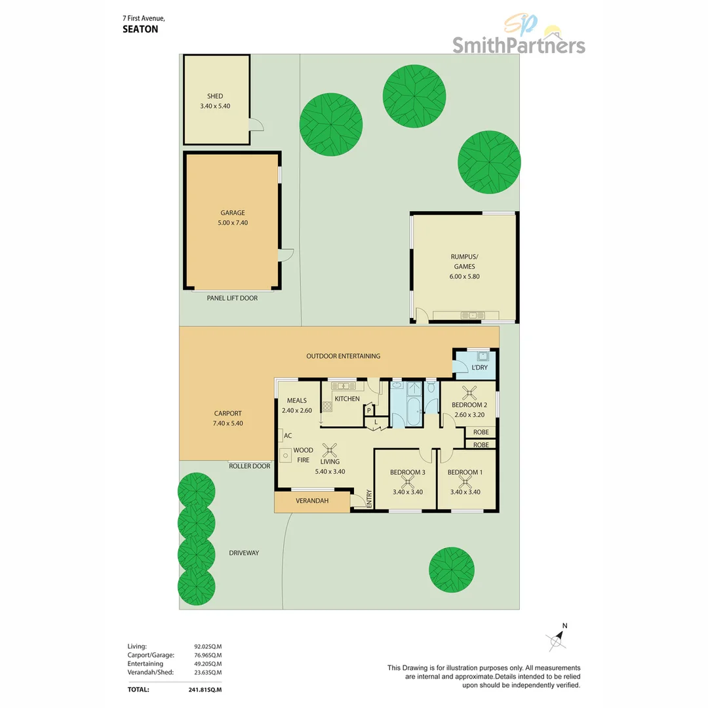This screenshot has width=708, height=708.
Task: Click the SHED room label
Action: [x=215, y=96]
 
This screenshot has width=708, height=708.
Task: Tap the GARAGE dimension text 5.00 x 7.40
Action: [x=233, y=223]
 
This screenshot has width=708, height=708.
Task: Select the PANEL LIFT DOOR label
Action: [x=232, y=298]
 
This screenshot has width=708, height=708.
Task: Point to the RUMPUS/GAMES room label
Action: [x=464, y=262]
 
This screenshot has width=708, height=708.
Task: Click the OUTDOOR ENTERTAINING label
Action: [x=344, y=356]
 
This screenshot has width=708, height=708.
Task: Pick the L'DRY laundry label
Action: [x=480, y=368]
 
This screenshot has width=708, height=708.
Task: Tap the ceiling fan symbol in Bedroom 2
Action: [x=469, y=393]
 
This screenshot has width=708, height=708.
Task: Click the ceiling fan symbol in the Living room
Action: [x=331, y=449]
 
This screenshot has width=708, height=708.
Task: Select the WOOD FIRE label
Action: [x=303, y=455]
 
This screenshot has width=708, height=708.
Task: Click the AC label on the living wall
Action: [x=288, y=435]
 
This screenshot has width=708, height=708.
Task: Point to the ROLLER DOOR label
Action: [x=249, y=466]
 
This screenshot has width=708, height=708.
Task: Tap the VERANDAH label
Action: [x=312, y=502]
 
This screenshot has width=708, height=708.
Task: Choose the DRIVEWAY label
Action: [x=244, y=553]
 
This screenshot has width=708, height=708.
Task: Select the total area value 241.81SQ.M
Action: [x=205, y=690]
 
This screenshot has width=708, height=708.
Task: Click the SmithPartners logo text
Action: [x=519, y=45]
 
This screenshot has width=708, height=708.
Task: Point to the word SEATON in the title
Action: [x=140, y=29]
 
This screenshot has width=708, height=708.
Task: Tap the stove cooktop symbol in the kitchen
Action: [x=326, y=406]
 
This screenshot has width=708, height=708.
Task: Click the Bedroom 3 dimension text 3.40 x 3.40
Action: [x=407, y=492]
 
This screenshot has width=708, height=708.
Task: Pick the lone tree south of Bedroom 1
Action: [x=452, y=566]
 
